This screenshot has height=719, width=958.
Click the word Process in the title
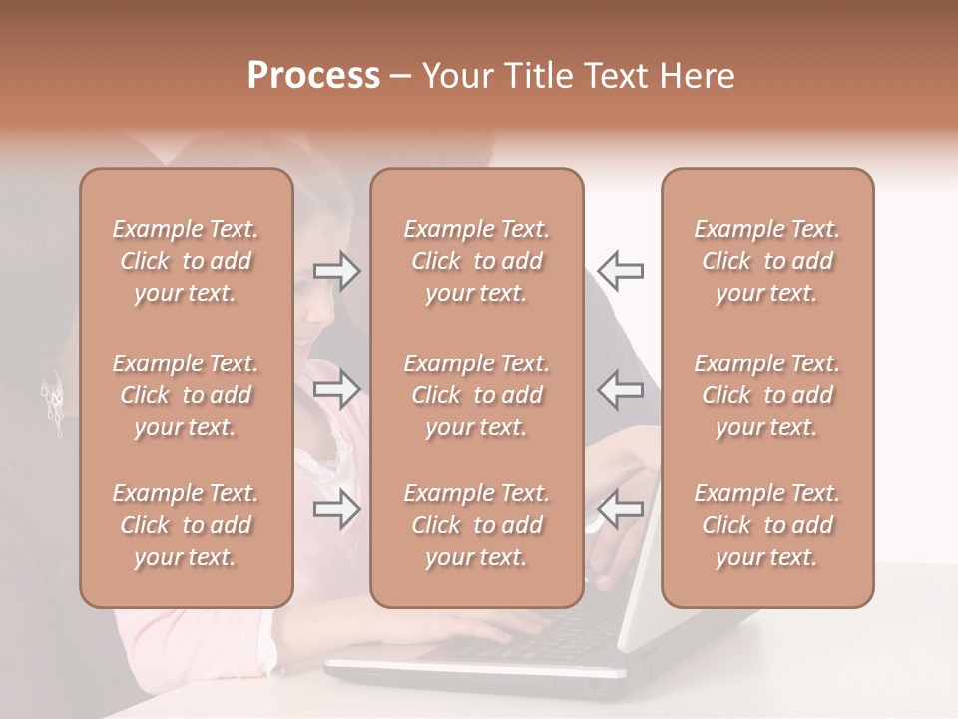[x=313, y=76]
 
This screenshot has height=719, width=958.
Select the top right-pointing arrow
[x=337, y=271]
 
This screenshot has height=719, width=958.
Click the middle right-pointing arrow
[x=337, y=388]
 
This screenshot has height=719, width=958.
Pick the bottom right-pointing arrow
[x=337, y=509]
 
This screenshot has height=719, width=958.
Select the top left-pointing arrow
[x=620, y=271]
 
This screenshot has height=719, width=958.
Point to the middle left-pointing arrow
[x=620, y=388]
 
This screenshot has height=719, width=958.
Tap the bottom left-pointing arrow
[x=620, y=509]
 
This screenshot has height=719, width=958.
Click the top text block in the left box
[x=186, y=261]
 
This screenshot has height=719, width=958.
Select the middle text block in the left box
[x=186, y=395]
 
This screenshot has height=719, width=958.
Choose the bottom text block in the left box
[x=186, y=525]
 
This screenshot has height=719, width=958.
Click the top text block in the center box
[x=476, y=261]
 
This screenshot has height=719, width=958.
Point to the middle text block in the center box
[x=476, y=395]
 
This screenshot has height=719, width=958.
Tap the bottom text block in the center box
[x=476, y=525]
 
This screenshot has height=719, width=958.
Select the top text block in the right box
[x=766, y=261]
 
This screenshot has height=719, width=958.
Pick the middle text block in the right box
[x=766, y=395]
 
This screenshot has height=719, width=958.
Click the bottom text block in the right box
[x=766, y=525]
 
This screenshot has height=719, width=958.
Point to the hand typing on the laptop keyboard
[x=499, y=629]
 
